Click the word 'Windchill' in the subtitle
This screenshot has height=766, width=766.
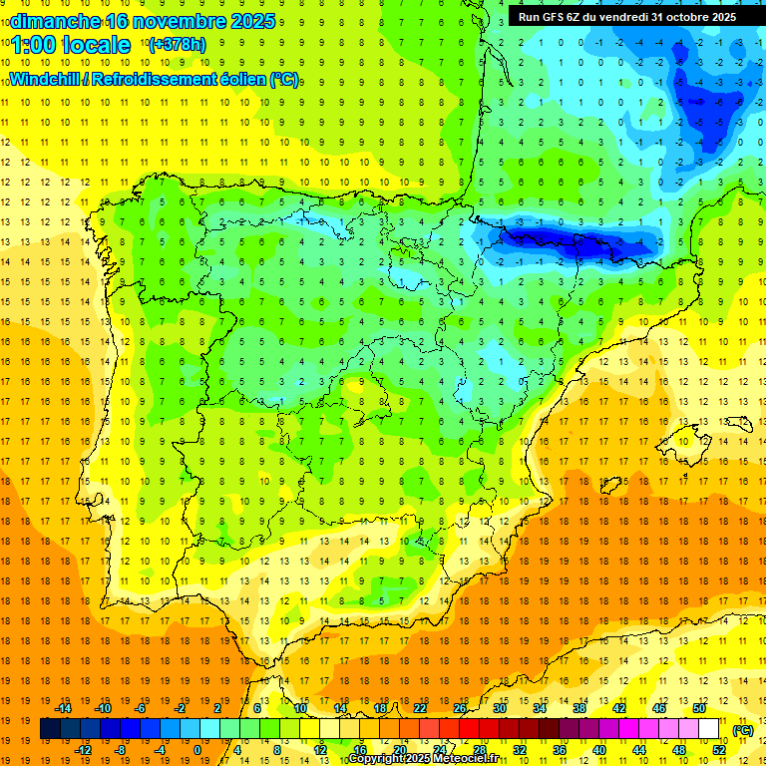(x=47, y=79)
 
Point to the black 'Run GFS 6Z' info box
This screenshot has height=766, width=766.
(x=623, y=16)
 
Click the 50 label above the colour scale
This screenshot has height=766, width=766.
(x=699, y=708)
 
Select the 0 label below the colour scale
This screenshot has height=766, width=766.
(x=198, y=750)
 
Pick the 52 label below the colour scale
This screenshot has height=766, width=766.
(x=719, y=750)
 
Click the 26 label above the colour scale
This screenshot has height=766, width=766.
(x=460, y=708)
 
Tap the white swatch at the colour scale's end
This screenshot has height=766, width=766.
(x=709, y=729)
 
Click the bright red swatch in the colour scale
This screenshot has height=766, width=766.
(x=470, y=729)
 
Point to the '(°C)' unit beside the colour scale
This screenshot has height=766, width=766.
(x=743, y=730)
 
